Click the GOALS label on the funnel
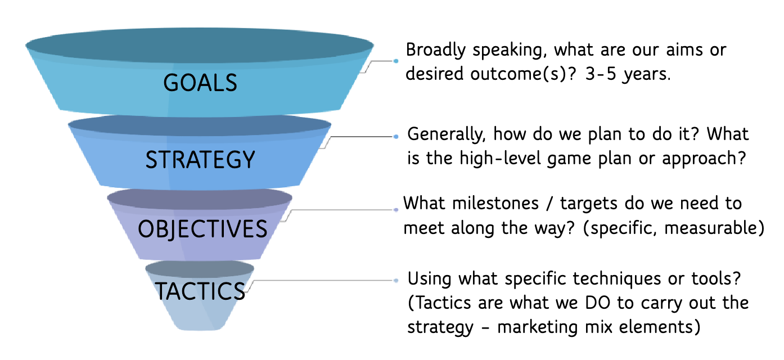(200, 83)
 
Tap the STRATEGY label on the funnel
(200, 160)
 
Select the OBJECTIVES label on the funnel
(202, 229)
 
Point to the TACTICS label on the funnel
(200, 291)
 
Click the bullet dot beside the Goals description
(396, 61)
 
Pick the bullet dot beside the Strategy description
(396, 137)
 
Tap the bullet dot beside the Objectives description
(396, 210)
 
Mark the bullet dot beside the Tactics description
(396, 280)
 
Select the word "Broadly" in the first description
(436, 50)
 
